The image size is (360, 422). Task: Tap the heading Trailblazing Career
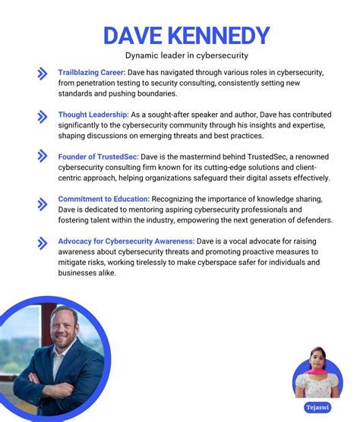click(x=92, y=72)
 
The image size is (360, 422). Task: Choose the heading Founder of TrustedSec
click(x=98, y=156)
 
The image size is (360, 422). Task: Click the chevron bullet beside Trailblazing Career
click(x=43, y=74)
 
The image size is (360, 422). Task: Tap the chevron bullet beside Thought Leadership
click(x=43, y=116)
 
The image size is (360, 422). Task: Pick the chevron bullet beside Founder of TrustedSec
click(x=43, y=156)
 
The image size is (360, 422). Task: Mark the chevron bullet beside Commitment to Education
click(x=43, y=202)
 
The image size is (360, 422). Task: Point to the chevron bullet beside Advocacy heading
click(x=43, y=243)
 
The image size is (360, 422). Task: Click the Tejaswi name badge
click(x=318, y=407)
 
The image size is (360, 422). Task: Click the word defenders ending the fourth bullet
click(x=310, y=220)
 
